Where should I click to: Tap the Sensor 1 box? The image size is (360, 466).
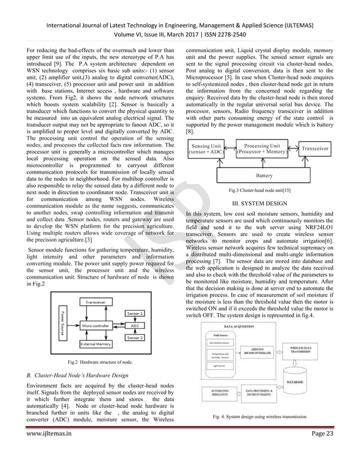(134, 313)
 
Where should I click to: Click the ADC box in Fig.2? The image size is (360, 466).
(134, 326)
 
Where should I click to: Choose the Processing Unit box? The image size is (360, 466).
(264, 148)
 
